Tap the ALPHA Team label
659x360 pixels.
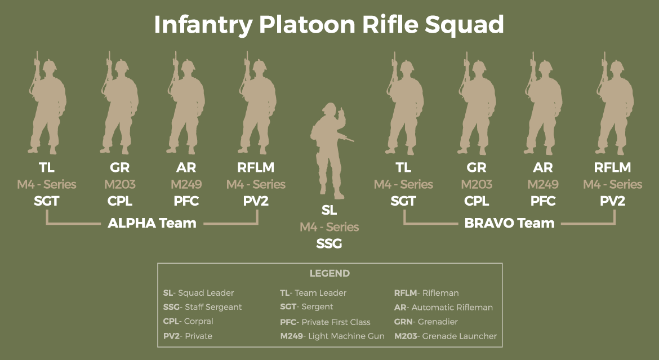pyautogui.click(x=152, y=223)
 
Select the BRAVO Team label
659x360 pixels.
pyautogui.click(x=509, y=223)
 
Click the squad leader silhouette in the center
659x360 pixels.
pyautogui.click(x=329, y=149)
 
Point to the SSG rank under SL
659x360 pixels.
pyautogui.click(x=329, y=243)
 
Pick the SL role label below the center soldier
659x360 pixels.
pyautogui.click(x=329, y=211)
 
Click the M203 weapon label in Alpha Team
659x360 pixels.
pyautogui.click(x=120, y=184)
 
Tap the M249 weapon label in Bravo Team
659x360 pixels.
pyautogui.click(x=543, y=184)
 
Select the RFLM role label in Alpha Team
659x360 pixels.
pyautogui.click(x=256, y=168)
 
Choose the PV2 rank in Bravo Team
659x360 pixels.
pyautogui.click(x=612, y=201)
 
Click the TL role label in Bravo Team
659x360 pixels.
pyautogui.click(x=403, y=168)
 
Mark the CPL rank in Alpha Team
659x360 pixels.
pyautogui.click(x=120, y=201)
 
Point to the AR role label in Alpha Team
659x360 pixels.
pyautogui.click(x=186, y=168)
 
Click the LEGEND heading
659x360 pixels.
pyautogui.click(x=329, y=274)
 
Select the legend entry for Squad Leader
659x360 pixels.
pyautogui.click(x=198, y=293)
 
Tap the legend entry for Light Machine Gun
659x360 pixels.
pyautogui.click(x=332, y=336)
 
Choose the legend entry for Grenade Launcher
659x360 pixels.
pyautogui.click(x=446, y=336)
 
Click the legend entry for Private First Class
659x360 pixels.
pyautogui.click(x=325, y=322)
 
